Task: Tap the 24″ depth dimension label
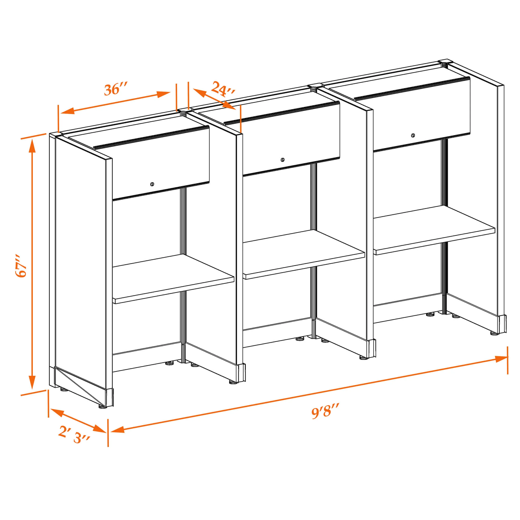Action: (223, 89)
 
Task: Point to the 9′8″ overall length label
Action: (325, 411)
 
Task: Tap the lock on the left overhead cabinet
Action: (152, 184)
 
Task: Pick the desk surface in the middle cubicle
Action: (304, 254)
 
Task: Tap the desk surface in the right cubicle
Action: (434, 230)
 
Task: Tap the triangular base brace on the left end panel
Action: (81, 386)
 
